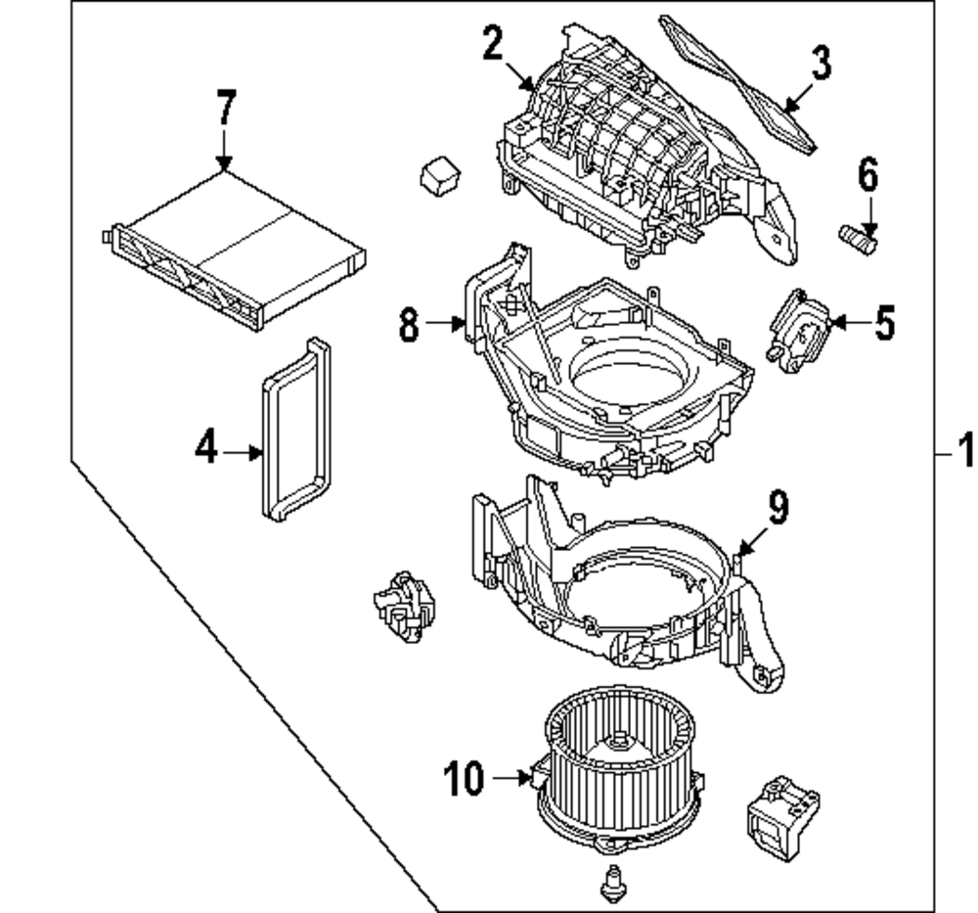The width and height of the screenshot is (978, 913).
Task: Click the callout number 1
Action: point(964,453)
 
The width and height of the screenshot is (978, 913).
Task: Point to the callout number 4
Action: point(205,450)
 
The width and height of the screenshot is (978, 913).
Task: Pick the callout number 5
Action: point(884,322)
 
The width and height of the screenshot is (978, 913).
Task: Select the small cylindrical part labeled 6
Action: point(858,236)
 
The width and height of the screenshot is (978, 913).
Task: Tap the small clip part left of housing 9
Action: point(401,607)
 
